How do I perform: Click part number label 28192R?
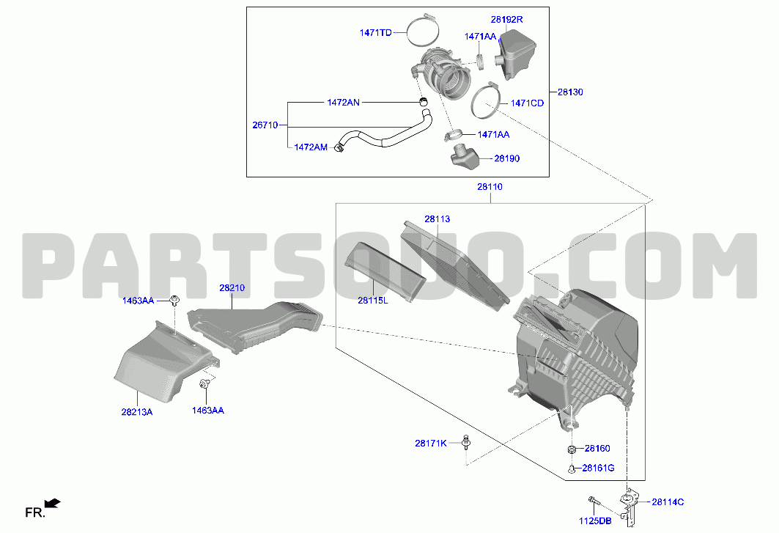click(x=506, y=19)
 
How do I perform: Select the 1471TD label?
click(x=376, y=33)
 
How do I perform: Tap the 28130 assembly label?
click(x=570, y=92)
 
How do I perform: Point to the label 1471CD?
click(x=527, y=103)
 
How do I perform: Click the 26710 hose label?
click(x=265, y=125)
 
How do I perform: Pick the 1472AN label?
click(x=343, y=103)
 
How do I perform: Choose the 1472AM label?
click(x=311, y=147)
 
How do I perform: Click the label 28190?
click(x=506, y=158)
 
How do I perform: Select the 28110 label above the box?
click(x=490, y=187)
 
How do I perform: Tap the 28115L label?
click(x=372, y=301)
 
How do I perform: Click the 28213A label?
click(x=136, y=412)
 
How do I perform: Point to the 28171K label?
click(x=431, y=443)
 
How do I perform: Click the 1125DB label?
click(x=595, y=521)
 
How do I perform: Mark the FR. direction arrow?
click(x=52, y=504)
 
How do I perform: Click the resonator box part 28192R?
click(x=516, y=54)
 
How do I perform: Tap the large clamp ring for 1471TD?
click(x=423, y=30)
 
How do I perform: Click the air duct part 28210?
click(x=255, y=327)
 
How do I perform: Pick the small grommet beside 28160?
click(x=572, y=450)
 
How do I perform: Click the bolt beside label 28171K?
click(x=466, y=442)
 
